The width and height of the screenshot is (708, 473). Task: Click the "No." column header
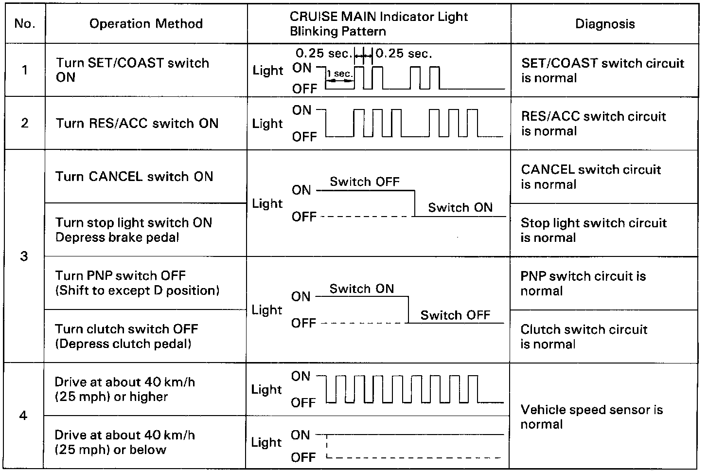(25, 24)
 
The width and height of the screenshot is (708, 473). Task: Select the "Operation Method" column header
(146, 24)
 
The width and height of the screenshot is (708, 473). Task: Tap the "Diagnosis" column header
(605, 24)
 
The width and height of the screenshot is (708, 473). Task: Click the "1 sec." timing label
(340, 74)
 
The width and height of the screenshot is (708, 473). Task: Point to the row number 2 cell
(25, 123)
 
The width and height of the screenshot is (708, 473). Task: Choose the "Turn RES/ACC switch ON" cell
(137, 123)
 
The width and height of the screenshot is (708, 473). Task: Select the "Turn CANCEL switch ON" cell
(134, 176)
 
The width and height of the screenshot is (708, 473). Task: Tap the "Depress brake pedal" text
(117, 237)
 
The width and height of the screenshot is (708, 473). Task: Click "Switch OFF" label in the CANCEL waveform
(365, 182)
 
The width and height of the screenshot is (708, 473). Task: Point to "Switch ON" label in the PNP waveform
(362, 289)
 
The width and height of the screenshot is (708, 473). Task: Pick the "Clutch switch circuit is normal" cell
(584, 337)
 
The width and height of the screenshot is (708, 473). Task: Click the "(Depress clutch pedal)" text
(123, 344)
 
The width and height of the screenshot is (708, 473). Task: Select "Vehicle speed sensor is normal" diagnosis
(591, 417)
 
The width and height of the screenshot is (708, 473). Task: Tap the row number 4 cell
(23, 416)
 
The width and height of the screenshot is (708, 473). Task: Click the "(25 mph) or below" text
(111, 450)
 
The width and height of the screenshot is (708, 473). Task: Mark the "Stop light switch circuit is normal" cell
(593, 230)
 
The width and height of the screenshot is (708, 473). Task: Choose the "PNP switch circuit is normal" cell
(583, 283)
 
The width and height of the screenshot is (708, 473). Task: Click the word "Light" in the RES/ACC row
(267, 124)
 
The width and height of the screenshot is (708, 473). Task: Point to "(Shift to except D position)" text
(137, 291)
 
